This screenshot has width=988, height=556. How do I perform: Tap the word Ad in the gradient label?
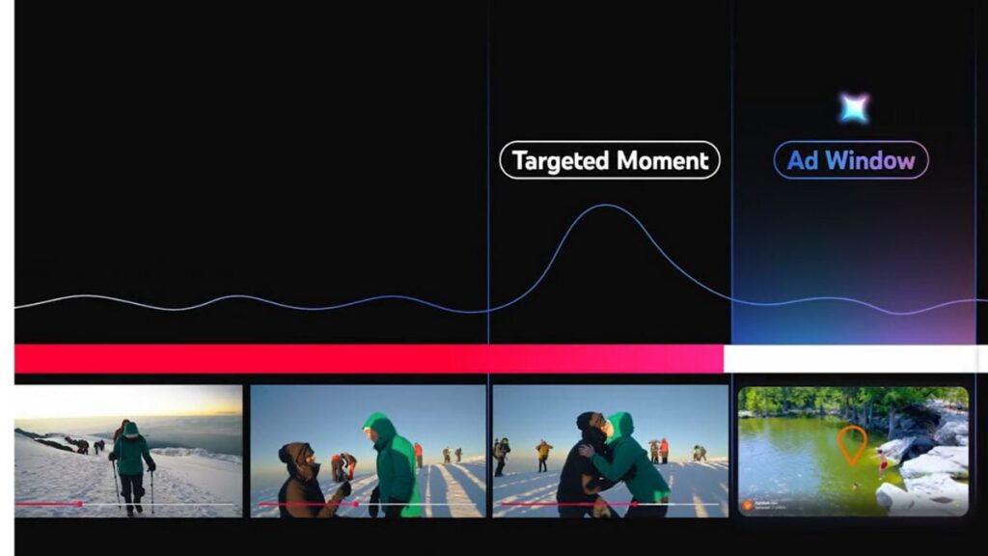803,160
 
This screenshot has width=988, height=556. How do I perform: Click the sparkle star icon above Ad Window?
853,108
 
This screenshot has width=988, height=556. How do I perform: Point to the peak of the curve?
604,206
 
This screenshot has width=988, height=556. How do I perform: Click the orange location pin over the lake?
850,443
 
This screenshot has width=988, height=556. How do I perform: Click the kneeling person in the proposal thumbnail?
301,480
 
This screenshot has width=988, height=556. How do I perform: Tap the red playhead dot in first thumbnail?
79,504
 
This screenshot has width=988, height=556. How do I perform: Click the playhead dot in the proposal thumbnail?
356,504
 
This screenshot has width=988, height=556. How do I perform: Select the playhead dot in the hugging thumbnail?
634,504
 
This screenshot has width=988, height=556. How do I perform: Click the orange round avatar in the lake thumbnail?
746,504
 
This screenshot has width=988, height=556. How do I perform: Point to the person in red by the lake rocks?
882,465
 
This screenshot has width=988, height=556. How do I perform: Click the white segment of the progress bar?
854,358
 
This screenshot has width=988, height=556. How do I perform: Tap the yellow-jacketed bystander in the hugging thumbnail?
544,452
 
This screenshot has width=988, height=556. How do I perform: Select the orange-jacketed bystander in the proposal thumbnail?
418,453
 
